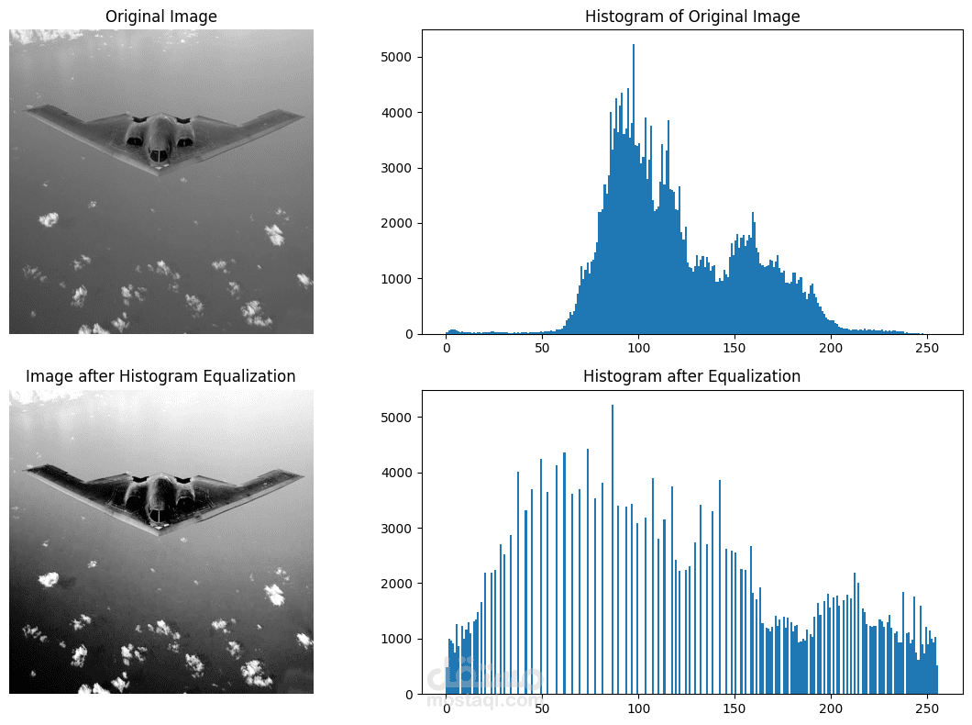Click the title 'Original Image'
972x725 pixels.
click(161, 17)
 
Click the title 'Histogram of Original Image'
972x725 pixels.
click(692, 17)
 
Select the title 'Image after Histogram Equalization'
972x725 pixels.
click(161, 376)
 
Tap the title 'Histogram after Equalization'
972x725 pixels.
click(692, 376)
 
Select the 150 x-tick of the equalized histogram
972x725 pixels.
click(734, 708)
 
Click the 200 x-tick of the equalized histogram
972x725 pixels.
click(830, 708)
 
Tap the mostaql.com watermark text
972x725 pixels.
click(484, 700)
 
